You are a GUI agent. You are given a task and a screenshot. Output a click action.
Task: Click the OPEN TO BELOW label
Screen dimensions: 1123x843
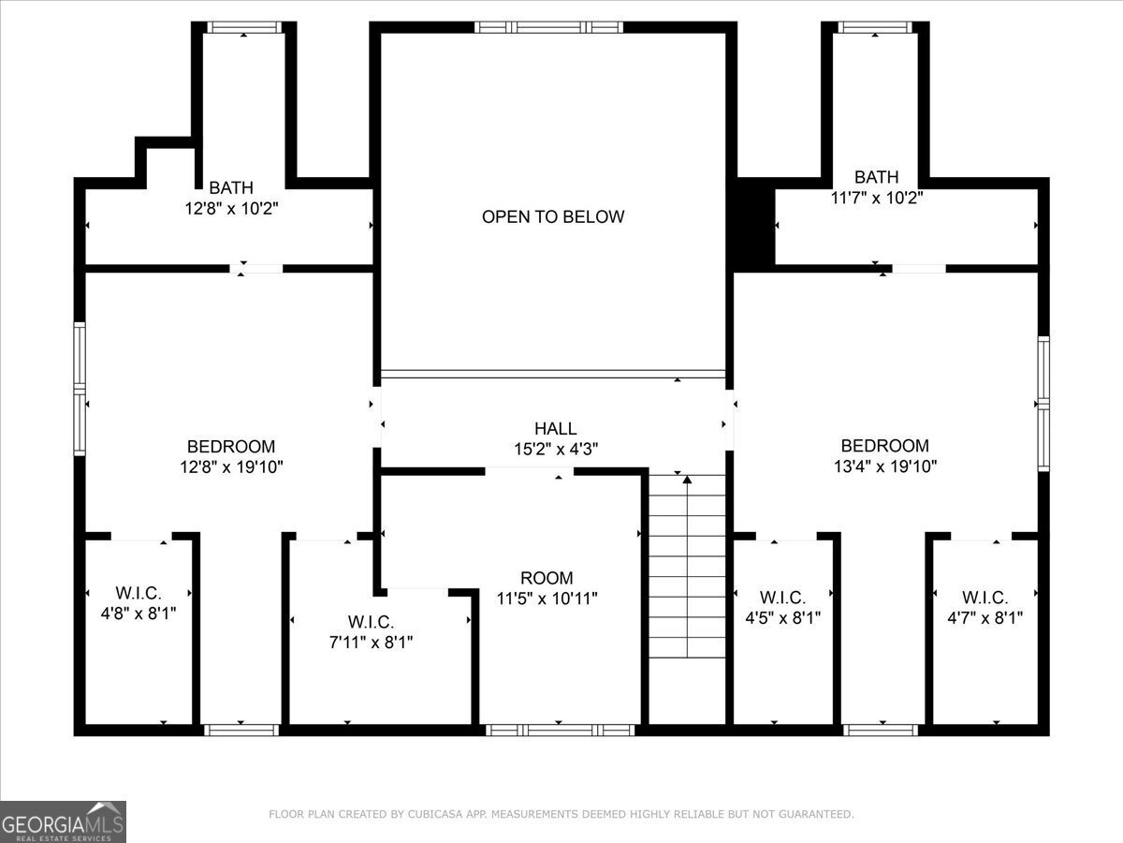tap(553, 216)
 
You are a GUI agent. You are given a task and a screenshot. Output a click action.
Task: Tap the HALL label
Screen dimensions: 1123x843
tap(556, 428)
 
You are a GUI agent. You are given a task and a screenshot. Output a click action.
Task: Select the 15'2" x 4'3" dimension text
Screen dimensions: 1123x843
tap(556, 450)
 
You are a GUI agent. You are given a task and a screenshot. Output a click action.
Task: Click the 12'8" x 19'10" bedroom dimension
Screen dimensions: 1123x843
tap(231, 466)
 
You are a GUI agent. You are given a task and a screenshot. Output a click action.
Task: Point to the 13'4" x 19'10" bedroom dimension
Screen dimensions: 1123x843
tap(885, 466)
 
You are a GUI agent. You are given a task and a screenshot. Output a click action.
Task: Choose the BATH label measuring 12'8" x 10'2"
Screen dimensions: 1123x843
tap(231, 187)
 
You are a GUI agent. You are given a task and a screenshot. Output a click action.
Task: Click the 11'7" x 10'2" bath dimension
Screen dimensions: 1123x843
tap(876, 198)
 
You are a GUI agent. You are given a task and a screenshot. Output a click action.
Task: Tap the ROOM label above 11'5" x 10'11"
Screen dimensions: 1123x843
tap(547, 578)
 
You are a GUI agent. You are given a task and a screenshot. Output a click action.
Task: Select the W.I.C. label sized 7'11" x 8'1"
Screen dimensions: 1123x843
tap(371, 622)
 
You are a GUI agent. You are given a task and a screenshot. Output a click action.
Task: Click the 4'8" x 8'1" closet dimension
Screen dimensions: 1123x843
tap(139, 614)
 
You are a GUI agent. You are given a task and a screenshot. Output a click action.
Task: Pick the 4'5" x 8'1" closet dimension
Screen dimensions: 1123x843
tap(782, 618)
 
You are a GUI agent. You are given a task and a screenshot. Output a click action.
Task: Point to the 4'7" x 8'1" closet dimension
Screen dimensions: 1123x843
tap(984, 618)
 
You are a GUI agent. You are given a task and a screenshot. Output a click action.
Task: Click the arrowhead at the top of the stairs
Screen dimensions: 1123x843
tap(687, 480)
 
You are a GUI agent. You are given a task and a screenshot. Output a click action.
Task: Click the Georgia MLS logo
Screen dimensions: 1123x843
tap(63, 822)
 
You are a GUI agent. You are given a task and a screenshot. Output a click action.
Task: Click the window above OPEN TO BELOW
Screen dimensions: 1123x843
tap(548, 27)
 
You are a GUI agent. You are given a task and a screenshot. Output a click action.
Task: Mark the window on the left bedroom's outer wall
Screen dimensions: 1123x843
tap(80, 389)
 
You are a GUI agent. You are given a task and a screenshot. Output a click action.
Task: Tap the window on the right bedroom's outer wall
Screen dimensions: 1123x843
tap(1043, 404)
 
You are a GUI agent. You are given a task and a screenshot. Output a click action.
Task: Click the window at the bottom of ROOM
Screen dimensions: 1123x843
tap(561, 730)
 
